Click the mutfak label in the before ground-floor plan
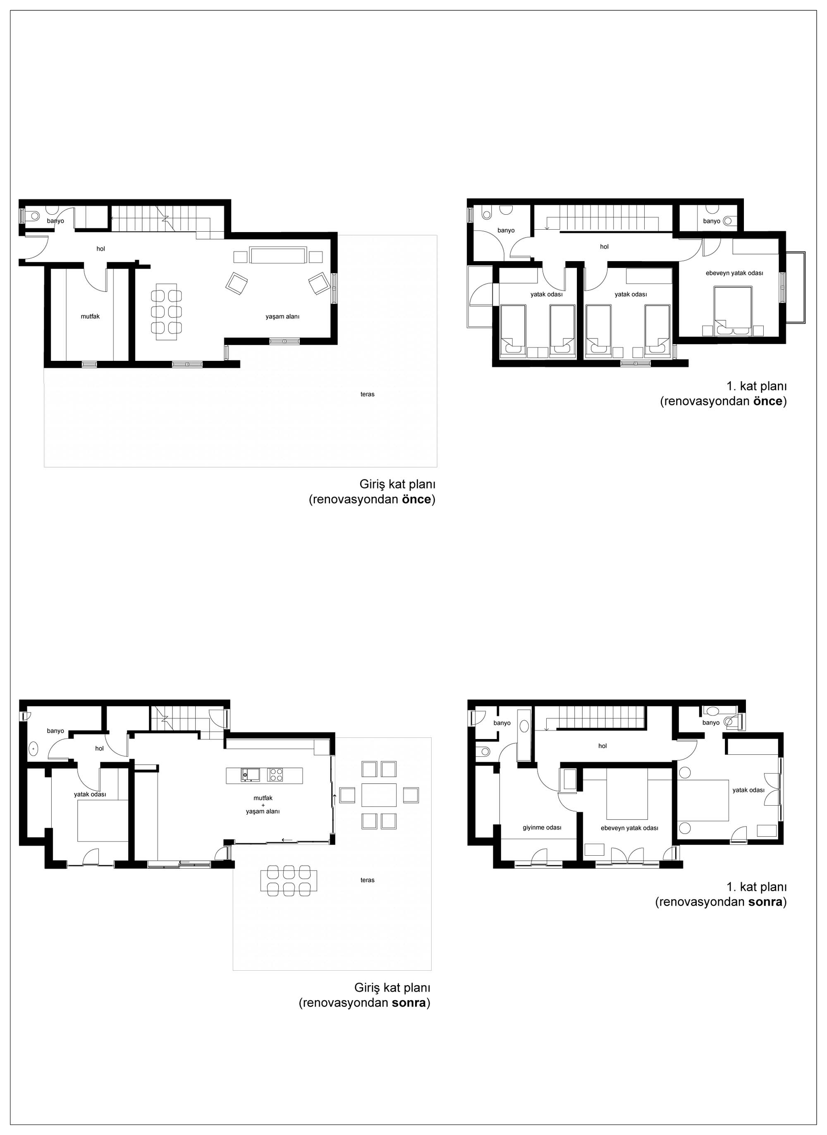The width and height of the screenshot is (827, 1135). (90, 317)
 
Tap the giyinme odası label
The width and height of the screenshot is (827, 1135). (542, 828)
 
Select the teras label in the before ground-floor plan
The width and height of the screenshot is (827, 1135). (368, 394)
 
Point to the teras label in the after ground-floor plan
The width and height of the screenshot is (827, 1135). (368, 880)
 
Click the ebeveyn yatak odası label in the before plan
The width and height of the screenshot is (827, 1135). (734, 273)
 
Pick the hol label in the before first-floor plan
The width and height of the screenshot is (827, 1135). (604, 247)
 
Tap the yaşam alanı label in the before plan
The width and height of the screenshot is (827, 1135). (282, 317)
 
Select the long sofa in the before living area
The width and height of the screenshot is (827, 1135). (278, 255)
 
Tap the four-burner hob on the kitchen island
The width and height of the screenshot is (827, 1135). (275, 775)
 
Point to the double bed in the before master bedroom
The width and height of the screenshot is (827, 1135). (734, 311)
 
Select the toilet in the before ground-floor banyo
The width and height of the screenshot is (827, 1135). (33, 216)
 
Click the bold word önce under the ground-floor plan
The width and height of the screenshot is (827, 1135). (416, 499)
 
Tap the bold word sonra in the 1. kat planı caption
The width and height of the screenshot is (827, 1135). (765, 902)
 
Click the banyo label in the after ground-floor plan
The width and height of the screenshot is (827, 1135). (55, 731)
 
